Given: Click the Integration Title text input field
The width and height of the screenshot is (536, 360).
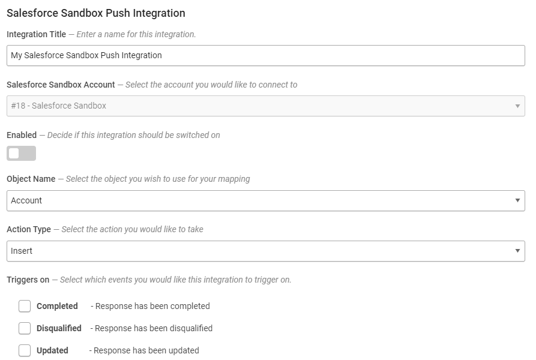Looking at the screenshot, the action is pyautogui.click(x=266, y=55).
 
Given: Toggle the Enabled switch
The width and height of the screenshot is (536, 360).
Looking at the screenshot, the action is pyautogui.click(x=21, y=154).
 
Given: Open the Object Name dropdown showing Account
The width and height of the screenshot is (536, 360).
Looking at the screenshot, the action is pyautogui.click(x=266, y=200).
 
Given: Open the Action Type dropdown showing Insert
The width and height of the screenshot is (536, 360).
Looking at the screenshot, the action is pyautogui.click(x=266, y=251).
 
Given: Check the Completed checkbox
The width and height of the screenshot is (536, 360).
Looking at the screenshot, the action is pyautogui.click(x=25, y=306).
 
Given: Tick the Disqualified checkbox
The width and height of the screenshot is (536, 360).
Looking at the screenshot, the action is pyautogui.click(x=25, y=328).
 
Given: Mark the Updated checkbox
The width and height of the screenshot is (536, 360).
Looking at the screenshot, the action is pyautogui.click(x=25, y=350).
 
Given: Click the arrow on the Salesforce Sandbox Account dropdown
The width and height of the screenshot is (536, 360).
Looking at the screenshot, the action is pyautogui.click(x=517, y=106).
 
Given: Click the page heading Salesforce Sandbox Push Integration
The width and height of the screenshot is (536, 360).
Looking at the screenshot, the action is pyautogui.click(x=95, y=13).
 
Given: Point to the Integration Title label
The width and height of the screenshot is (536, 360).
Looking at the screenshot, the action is pyautogui.click(x=36, y=34).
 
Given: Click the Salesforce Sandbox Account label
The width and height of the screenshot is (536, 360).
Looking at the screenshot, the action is pyautogui.click(x=61, y=85).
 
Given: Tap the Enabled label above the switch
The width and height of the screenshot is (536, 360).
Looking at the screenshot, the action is pyautogui.click(x=22, y=135).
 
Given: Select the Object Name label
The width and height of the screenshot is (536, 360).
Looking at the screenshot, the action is pyautogui.click(x=31, y=179).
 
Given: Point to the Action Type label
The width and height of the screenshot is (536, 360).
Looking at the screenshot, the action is pyautogui.click(x=29, y=229).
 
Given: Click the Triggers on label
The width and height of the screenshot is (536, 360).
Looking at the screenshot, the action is pyautogui.click(x=28, y=280).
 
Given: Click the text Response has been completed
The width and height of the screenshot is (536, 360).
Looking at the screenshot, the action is pyautogui.click(x=152, y=306).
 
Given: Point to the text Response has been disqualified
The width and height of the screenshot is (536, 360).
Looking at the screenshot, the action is pyautogui.click(x=154, y=328).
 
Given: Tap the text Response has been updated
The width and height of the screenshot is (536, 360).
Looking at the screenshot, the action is pyautogui.click(x=146, y=350).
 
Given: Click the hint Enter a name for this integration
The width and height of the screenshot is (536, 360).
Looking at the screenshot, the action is pyautogui.click(x=136, y=34).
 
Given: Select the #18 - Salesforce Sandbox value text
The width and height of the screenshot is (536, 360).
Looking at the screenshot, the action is pyautogui.click(x=58, y=106).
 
